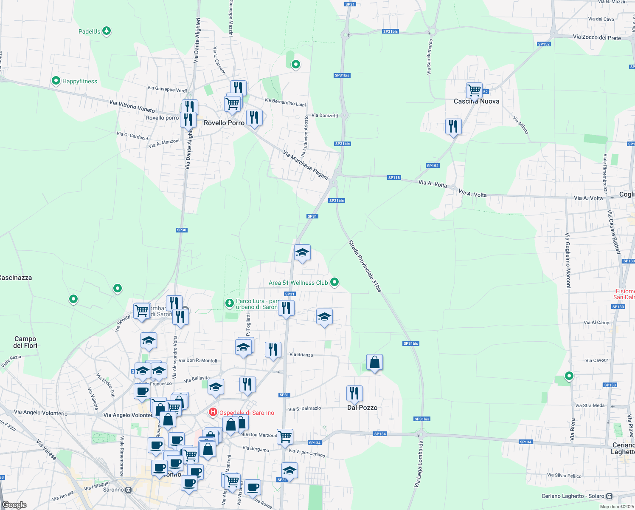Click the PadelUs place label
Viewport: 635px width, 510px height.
(90, 31)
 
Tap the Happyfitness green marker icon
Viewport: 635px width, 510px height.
(56, 81)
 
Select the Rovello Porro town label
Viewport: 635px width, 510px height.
(224, 123)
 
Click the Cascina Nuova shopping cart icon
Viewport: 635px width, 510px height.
(474, 90)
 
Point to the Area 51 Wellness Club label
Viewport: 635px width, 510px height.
(298, 283)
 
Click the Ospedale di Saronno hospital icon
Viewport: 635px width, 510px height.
(213, 412)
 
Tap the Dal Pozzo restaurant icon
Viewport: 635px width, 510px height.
(354, 394)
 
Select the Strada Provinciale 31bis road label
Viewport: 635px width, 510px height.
(365, 266)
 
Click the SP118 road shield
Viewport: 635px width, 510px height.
(394, 178)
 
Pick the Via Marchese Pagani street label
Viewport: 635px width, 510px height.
(306, 165)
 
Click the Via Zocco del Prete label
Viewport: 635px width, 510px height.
(597, 37)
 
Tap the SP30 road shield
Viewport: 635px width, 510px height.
(182, 230)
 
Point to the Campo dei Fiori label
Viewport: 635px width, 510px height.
(25, 342)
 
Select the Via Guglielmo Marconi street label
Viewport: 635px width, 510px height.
(568, 260)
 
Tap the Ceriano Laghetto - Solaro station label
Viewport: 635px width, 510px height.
(573, 496)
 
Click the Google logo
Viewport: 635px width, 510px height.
(14, 504)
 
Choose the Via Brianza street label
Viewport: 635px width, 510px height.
(301, 354)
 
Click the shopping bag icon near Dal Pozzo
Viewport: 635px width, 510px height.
(374, 362)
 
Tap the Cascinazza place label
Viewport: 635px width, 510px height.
(16, 278)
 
